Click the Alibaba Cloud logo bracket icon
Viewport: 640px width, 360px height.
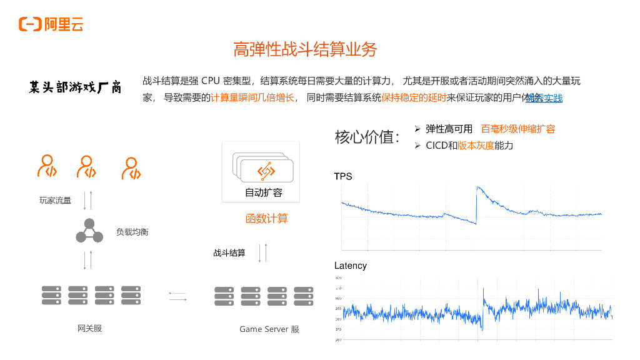(x=30, y=24)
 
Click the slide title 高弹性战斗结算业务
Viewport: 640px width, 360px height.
(x=305, y=49)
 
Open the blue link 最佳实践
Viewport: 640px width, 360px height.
(x=544, y=98)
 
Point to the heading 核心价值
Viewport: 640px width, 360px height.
(x=367, y=137)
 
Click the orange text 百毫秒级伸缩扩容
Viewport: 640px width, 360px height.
(x=517, y=129)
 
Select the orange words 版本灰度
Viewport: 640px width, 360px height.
(x=476, y=145)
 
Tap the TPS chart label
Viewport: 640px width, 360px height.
(x=343, y=176)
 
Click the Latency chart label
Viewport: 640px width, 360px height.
(x=351, y=266)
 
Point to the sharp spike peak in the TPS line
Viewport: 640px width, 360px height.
(x=477, y=187)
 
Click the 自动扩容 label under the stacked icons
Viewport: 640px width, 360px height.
(x=263, y=192)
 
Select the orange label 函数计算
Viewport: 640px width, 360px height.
(x=266, y=219)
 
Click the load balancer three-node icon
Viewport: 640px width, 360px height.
(x=89, y=231)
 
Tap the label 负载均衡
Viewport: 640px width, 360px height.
(x=132, y=232)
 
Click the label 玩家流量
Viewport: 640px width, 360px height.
(x=55, y=201)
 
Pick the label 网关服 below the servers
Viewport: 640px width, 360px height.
(x=89, y=328)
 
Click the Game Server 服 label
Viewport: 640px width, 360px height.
(x=269, y=329)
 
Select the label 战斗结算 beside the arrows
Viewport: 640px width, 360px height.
(x=229, y=253)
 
